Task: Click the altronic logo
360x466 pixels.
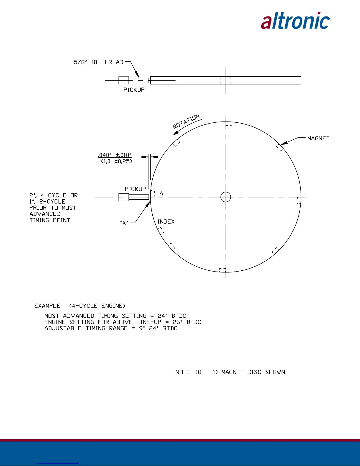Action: pyautogui.click(x=295, y=21)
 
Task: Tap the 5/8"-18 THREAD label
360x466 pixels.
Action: pyautogui.click(x=99, y=62)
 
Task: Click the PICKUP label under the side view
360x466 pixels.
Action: pyautogui.click(x=134, y=90)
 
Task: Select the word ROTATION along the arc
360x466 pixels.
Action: pyautogui.click(x=186, y=121)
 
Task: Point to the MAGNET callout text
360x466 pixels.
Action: pyautogui.click(x=318, y=138)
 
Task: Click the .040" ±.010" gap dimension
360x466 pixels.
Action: pyautogui.click(x=115, y=155)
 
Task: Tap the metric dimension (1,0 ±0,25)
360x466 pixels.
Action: pyautogui.click(x=117, y=161)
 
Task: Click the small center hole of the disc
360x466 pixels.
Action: pyautogui.click(x=226, y=197)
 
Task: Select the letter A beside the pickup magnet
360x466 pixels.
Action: pyautogui.click(x=161, y=194)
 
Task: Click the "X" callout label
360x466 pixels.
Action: pyautogui.click(x=124, y=223)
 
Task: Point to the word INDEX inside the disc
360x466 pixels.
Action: pyautogui.click(x=166, y=222)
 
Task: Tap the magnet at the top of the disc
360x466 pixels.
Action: pyautogui.click(x=229, y=124)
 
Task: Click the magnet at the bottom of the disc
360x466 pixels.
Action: pyautogui.click(x=223, y=270)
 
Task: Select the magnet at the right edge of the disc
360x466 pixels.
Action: pyautogui.click(x=299, y=200)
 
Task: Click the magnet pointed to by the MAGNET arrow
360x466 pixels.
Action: pyautogui.click(x=280, y=148)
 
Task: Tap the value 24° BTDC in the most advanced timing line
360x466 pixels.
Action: pyautogui.click(x=172, y=316)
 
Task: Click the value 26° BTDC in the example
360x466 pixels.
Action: pyautogui.click(x=187, y=322)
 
